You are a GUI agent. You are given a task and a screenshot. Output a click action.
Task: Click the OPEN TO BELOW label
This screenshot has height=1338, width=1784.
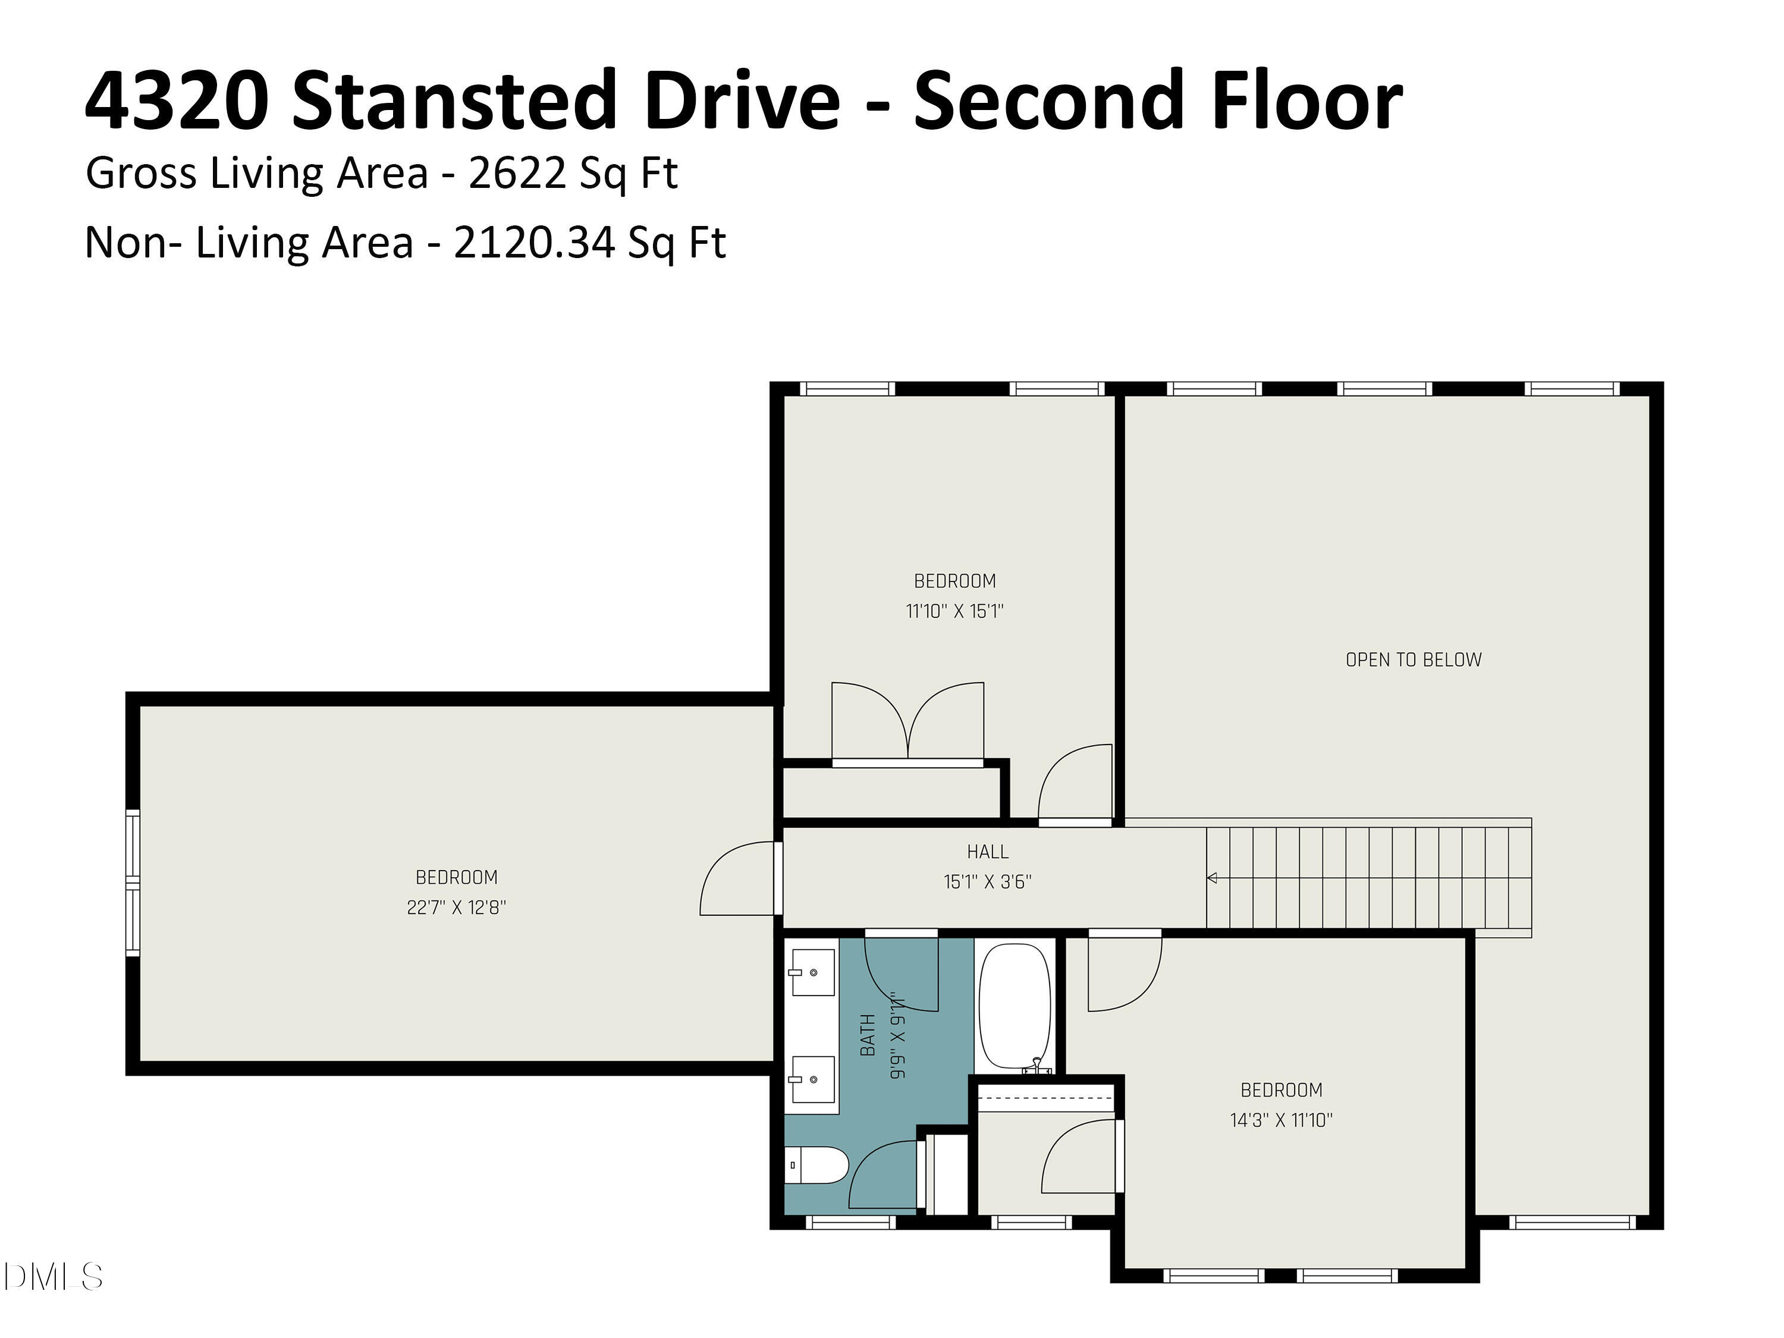[x=1413, y=659]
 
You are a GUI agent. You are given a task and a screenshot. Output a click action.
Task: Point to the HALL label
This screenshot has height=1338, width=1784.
[x=987, y=852]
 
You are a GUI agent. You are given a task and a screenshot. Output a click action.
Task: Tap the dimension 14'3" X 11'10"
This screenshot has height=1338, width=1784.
[x=1281, y=1120]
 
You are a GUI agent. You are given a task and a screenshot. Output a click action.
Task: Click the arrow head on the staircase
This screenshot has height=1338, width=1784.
[x=1211, y=878]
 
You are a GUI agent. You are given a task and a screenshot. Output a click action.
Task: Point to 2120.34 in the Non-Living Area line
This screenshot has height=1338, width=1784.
[x=533, y=242]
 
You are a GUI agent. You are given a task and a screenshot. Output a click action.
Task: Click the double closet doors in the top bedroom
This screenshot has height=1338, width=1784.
[x=907, y=722]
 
